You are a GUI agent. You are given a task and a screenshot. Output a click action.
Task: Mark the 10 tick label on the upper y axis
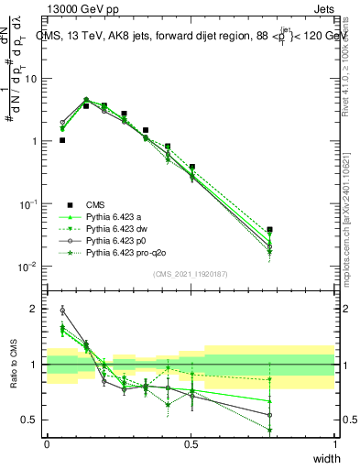(x=31, y=79)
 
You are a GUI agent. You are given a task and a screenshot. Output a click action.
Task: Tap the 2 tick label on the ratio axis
(x=36, y=310)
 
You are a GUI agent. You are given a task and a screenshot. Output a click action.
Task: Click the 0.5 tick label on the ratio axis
(x=31, y=420)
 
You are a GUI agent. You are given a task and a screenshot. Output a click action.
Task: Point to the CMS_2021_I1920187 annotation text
(x=191, y=274)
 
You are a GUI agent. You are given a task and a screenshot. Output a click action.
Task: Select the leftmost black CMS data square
(x=62, y=140)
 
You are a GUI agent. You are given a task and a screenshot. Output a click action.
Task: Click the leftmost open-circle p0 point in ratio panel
(x=62, y=310)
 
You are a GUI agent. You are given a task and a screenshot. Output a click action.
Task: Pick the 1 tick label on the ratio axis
(x=36, y=365)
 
